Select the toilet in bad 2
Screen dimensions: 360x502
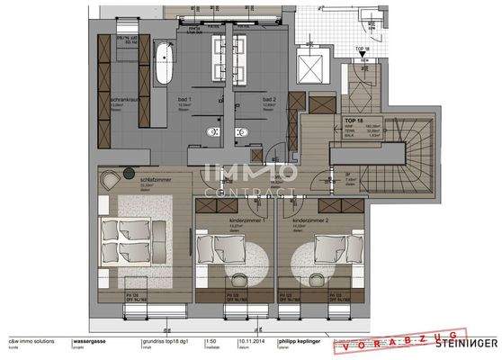240,132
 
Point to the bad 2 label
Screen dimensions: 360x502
268,98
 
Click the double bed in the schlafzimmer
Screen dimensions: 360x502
131,238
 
